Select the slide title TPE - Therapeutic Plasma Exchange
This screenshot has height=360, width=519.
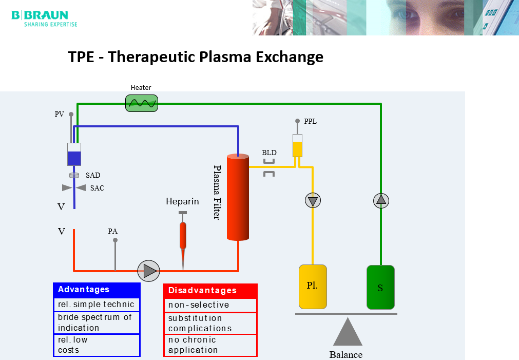[196, 56]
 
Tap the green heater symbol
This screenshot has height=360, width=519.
[142, 103]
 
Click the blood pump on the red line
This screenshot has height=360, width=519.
[149, 270]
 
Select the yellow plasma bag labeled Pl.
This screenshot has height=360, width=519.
[313, 287]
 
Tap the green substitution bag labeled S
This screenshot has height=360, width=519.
[380, 287]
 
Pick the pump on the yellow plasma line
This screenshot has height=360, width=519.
[313, 200]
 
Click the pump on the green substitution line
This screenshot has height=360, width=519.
[381, 200]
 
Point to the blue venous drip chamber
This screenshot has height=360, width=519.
[74, 154]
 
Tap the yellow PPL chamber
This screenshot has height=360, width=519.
[297, 146]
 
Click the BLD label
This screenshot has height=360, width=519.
[269, 153]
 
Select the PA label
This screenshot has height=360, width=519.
[113, 231]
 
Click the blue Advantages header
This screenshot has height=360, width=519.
[97, 290]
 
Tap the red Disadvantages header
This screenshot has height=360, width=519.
[210, 291]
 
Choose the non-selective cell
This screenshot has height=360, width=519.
[210, 305]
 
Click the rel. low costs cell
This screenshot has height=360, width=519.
[97, 345]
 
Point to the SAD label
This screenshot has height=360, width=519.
[93, 175]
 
